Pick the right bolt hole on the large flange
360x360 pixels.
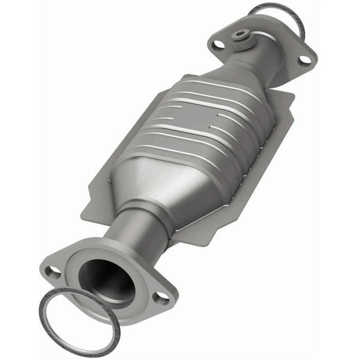(x=161, y=297)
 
